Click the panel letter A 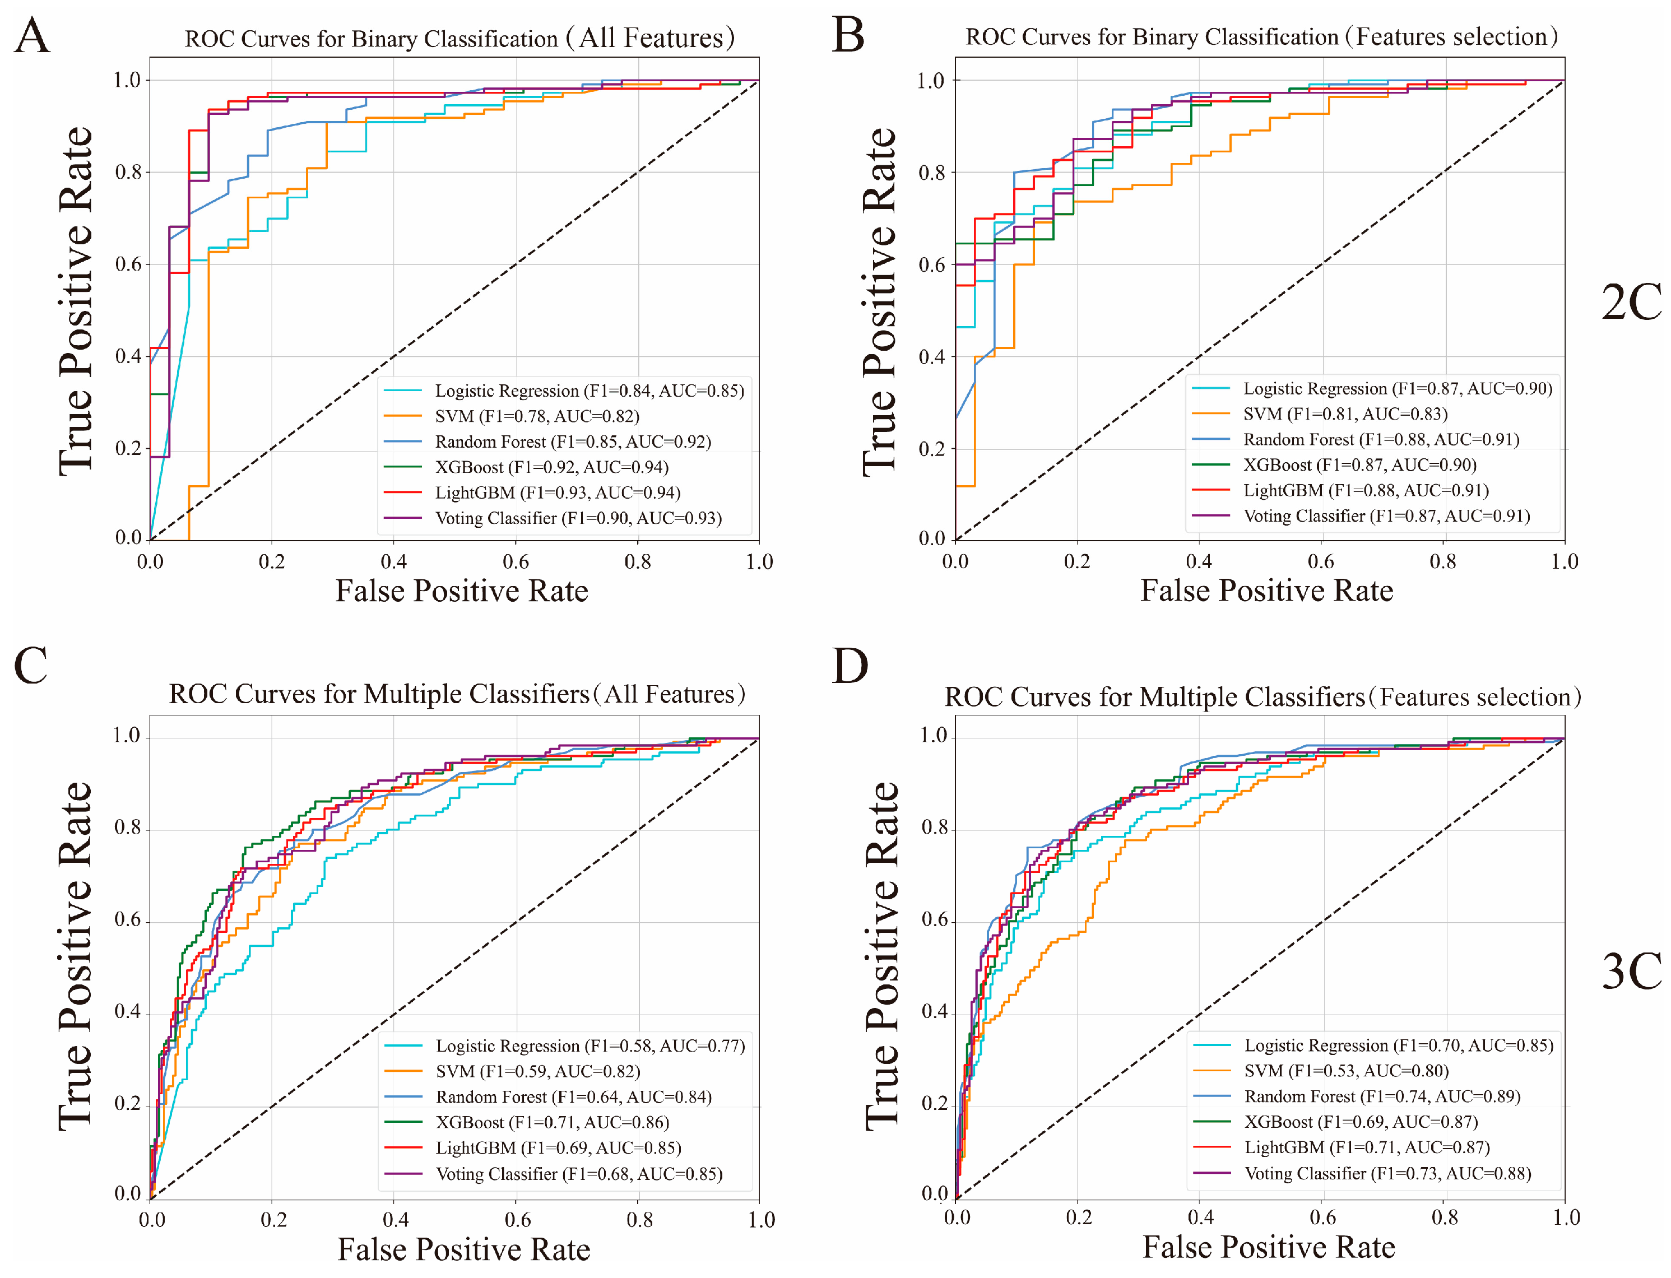click(32, 36)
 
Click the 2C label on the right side click(1631, 302)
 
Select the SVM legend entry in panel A click(536, 416)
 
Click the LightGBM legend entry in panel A click(557, 492)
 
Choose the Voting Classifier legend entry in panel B click(1386, 516)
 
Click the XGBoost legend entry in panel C click(551, 1122)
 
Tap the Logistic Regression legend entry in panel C click(590, 1045)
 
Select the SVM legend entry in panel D click(1345, 1071)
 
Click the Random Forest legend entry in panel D click(1381, 1096)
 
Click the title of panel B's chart click(1261, 36)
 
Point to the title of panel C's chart click(457, 694)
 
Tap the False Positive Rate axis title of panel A click(462, 591)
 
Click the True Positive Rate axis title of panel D click(882, 955)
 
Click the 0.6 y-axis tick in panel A click(128, 264)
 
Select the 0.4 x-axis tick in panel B click(1199, 562)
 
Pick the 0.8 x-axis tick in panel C click(639, 1220)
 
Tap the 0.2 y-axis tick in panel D click(935, 1103)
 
